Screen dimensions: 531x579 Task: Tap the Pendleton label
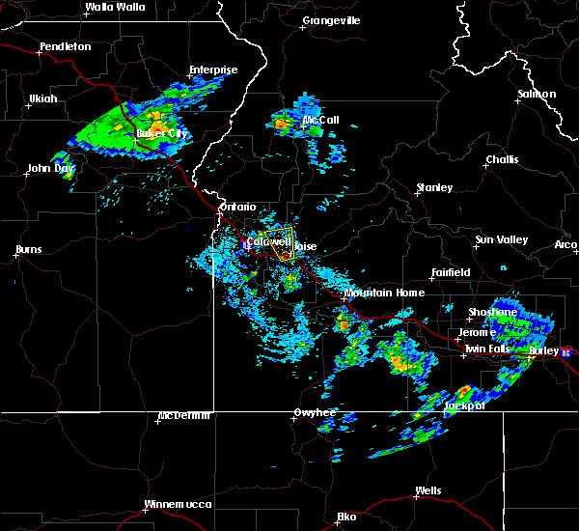click(x=66, y=46)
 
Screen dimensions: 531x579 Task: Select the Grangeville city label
click(x=331, y=20)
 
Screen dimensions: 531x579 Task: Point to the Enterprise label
click(x=213, y=70)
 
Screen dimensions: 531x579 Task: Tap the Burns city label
click(x=28, y=250)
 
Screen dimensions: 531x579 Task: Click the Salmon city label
click(x=538, y=95)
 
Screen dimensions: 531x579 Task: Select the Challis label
click(x=502, y=159)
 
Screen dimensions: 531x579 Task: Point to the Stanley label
click(x=434, y=187)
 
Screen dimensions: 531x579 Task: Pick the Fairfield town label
click(x=451, y=273)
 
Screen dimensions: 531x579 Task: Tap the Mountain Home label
click(x=383, y=293)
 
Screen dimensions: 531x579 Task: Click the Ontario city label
click(x=237, y=207)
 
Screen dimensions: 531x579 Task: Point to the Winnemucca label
click(x=175, y=505)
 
